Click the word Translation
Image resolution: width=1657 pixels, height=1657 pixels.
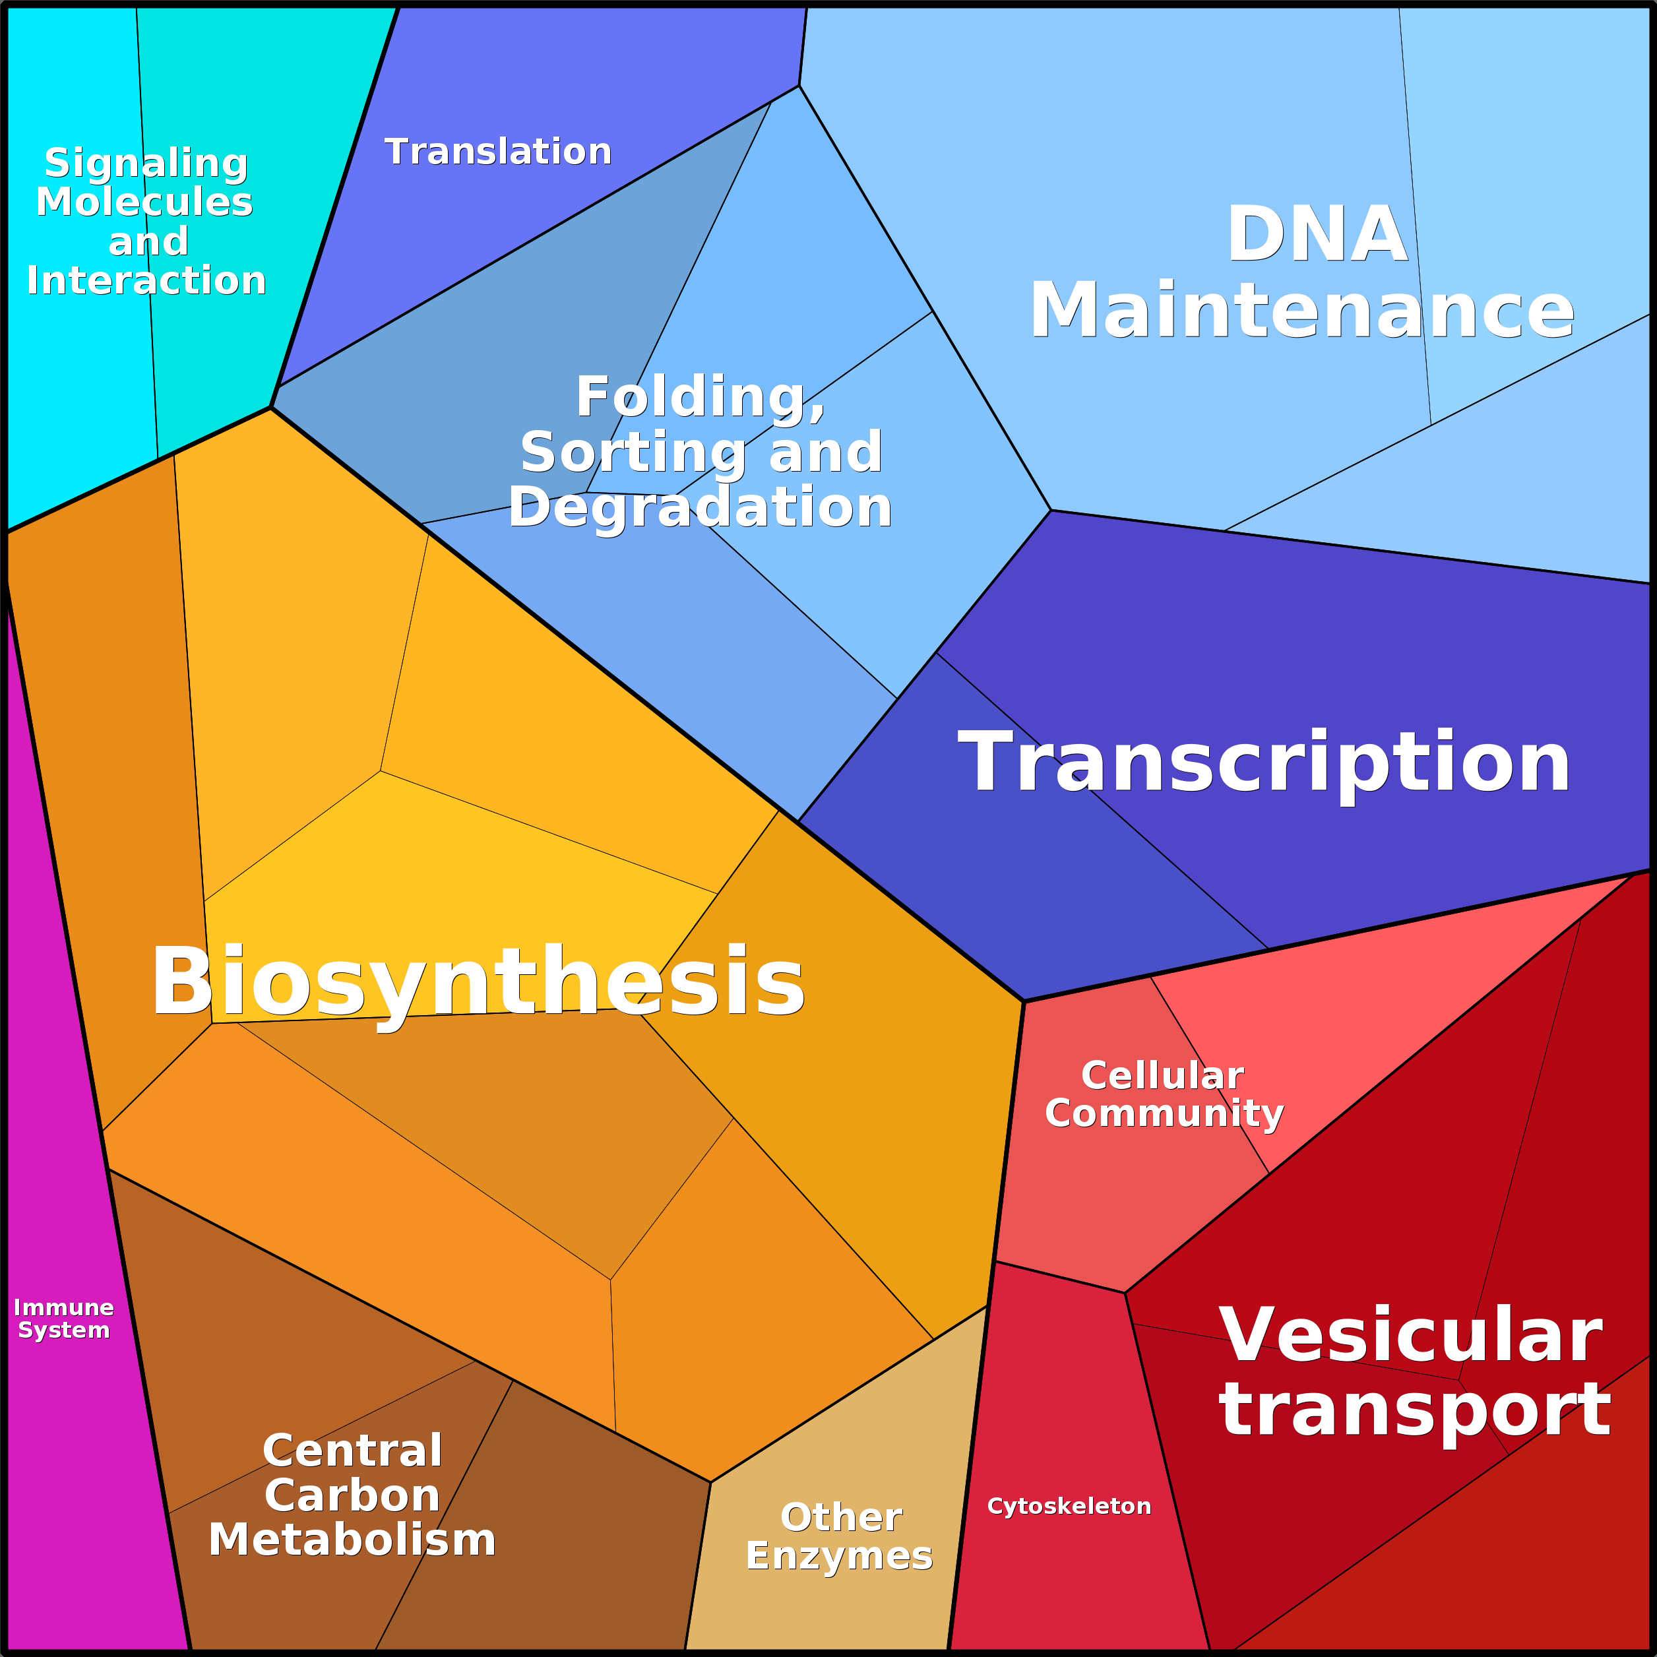pyautogui.click(x=498, y=152)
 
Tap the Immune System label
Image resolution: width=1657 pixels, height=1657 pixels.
pyautogui.click(x=63, y=1318)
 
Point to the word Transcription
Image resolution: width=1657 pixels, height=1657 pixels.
pyautogui.click(x=1263, y=763)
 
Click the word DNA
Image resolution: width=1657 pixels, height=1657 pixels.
pyautogui.click(x=1317, y=234)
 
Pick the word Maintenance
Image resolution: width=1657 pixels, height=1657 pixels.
pyautogui.click(x=1302, y=311)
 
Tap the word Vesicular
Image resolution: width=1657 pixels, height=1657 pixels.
pyautogui.click(x=1410, y=1335)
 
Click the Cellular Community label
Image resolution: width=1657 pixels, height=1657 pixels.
pyautogui.click(x=1164, y=1094)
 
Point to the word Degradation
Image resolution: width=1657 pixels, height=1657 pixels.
pyautogui.click(x=700, y=507)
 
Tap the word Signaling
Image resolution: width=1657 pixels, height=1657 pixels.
pyautogui.click(x=146, y=163)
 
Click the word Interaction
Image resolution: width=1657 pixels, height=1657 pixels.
pyautogui.click(x=146, y=280)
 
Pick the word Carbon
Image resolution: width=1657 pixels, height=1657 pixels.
pyautogui.click(x=352, y=1496)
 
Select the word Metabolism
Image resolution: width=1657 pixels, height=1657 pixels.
pyautogui.click(x=352, y=1540)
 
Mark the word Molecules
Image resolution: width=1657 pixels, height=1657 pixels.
pyautogui.click(x=144, y=203)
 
